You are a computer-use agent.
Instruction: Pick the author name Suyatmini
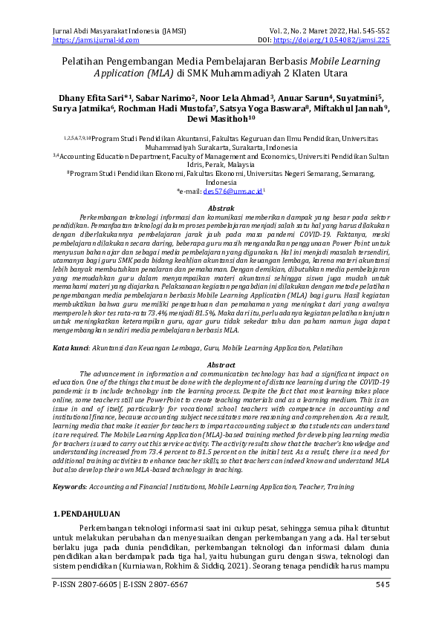pos(360,96)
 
